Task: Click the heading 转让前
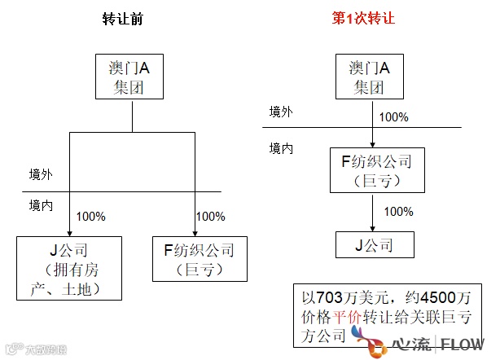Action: [x=125, y=19]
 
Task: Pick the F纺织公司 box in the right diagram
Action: [x=376, y=170]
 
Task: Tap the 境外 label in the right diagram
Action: [x=281, y=112]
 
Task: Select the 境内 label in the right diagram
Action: [x=281, y=149]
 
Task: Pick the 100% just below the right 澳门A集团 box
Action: [x=393, y=117]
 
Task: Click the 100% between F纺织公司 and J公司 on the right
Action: [x=398, y=212]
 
